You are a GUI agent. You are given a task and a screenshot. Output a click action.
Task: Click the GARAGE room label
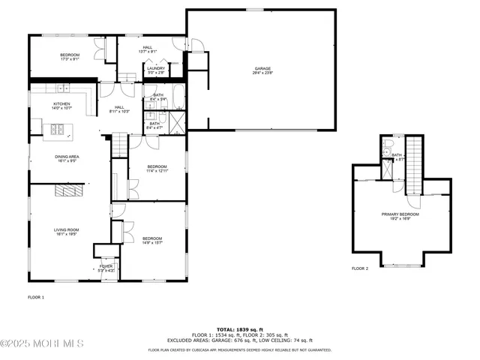(x=262, y=69)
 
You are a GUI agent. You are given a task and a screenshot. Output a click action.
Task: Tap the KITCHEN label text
(x=61, y=103)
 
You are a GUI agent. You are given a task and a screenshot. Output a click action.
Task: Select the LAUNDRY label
(x=156, y=68)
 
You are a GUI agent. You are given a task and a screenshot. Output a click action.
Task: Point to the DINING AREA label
(x=67, y=156)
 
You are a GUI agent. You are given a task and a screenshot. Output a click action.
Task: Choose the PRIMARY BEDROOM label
(x=400, y=214)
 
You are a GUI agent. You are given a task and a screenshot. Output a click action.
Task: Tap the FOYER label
(x=106, y=265)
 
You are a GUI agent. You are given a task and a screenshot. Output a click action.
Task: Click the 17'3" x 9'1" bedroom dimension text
(x=70, y=60)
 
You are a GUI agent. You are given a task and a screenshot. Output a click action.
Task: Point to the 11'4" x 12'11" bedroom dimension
(x=157, y=171)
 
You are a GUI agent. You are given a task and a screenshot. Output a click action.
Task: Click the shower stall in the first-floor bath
(x=178, y=120)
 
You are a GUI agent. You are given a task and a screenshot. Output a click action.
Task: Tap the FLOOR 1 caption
(x=36, y=298)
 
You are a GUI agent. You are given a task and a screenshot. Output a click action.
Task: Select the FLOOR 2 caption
(x=360, y=268)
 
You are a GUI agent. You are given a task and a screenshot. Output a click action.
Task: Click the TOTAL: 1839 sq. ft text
(x=238, y=329)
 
